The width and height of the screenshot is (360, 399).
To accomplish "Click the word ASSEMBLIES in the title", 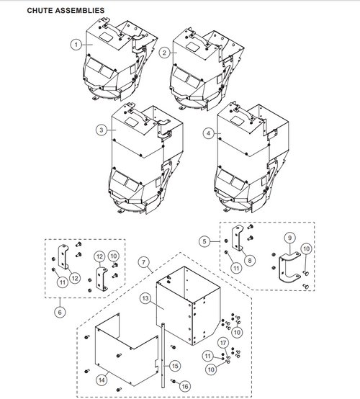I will coord(81,10).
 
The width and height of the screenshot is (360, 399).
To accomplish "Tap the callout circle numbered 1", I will coord(76,44).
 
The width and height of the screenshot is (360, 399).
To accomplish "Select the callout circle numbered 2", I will coord(164,52).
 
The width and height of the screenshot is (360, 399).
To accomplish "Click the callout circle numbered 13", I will coord(145,297).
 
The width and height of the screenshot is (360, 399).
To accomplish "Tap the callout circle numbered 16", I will coord(185,387).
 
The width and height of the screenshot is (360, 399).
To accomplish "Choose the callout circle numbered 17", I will coord(223,342).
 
